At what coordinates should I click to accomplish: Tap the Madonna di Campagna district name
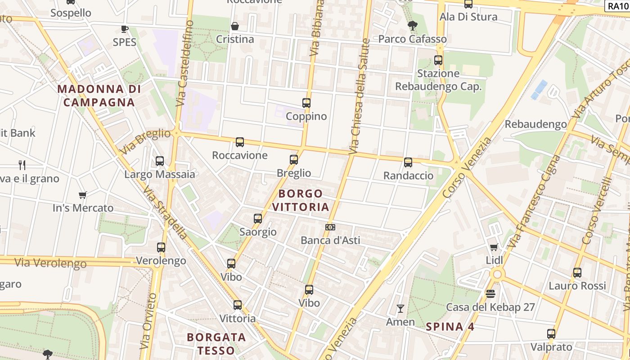click(99, 95)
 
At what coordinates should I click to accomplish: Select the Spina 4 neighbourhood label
click(450, 327)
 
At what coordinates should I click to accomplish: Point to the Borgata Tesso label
click(216, 343)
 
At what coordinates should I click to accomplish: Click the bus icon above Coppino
click(306, 103)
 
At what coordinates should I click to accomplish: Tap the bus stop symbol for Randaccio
click(408, 162)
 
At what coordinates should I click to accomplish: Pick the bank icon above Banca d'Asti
click(330, 227)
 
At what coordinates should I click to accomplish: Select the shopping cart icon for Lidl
click(494, 247)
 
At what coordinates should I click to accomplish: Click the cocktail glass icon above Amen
click(400, 309)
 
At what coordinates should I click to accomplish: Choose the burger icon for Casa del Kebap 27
click(490, 294)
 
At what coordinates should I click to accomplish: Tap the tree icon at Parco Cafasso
click(412, 26)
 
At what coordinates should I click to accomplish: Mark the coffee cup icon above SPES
click(125, 29)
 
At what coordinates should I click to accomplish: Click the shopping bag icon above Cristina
click(234, 26)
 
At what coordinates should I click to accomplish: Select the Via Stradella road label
click(165, 211)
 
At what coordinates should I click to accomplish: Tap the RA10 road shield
click(617, 6)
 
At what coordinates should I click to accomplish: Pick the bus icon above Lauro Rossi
click(577, 272)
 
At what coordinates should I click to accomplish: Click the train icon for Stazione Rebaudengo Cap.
click(438, 60)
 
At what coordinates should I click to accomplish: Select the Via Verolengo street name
click(50, 262)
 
